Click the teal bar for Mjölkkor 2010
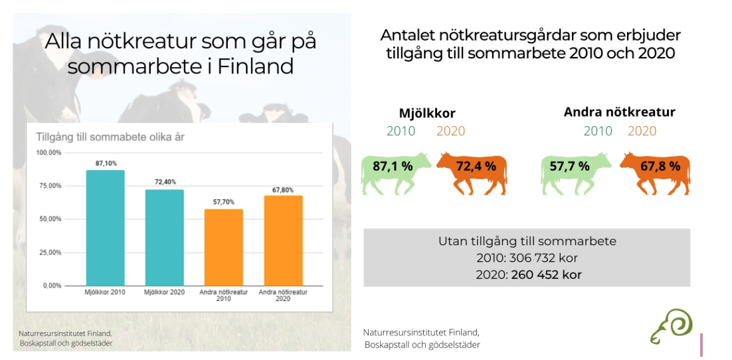105,228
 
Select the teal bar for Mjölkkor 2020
164,238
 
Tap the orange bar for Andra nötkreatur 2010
224,248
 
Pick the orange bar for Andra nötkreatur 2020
283,240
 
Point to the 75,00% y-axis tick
49,186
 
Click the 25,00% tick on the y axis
49,252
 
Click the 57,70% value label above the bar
224,202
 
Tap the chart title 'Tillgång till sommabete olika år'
111,137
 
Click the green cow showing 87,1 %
395,172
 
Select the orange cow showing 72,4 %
472,172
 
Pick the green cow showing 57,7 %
576,172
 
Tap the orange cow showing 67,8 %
655,172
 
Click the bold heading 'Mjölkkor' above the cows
427,114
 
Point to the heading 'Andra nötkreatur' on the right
620,112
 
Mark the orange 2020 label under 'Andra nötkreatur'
642,132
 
